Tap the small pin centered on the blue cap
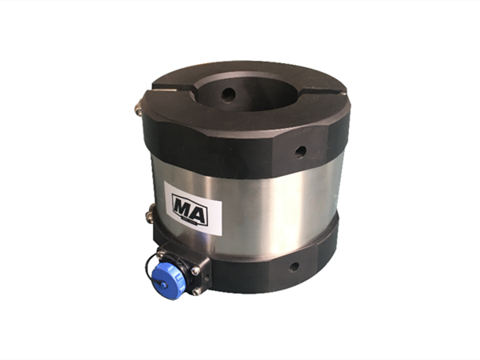pos(163,286)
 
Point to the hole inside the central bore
pos(228,94)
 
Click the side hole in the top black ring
pos(300,151)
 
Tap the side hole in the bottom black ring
pos(294,267)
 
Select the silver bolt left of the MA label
pos(151,214)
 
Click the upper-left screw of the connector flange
pos(161,253)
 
